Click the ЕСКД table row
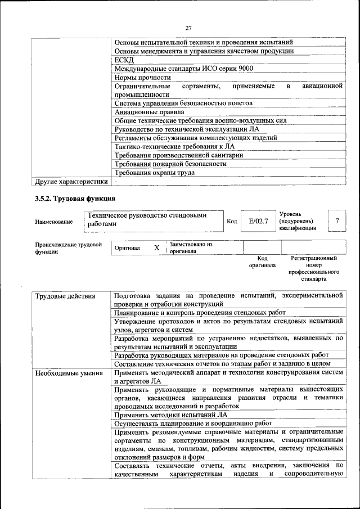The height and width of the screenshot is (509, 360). pyautogui.click(x=124, y=60)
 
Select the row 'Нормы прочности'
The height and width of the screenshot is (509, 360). pyautogui.click(x=142, y=77)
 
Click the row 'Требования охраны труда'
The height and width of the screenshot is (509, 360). pyautogui.click(x=155, y=173)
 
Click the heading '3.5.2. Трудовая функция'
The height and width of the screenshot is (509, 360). pyautogui.click(x=75, y=199)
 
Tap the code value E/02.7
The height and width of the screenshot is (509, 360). pyautogui.click(x=259, y=222)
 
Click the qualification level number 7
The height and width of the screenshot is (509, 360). pyautogui.click(x=337, y=222)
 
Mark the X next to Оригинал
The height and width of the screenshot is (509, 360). pyautogui.click(x=157, y=247)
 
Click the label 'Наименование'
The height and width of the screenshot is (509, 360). pyautogui.click(x=54, y=222)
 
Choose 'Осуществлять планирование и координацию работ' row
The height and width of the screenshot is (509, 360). pyautogui.click(x=193, y=423)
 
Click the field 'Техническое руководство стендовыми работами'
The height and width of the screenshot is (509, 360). pyautogui.click(x=152, y=219)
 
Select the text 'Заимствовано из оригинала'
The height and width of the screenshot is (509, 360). pyautogui.click(x=191, y=248)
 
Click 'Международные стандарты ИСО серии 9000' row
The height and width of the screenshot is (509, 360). pyautogui.click(x=183, y=69)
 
